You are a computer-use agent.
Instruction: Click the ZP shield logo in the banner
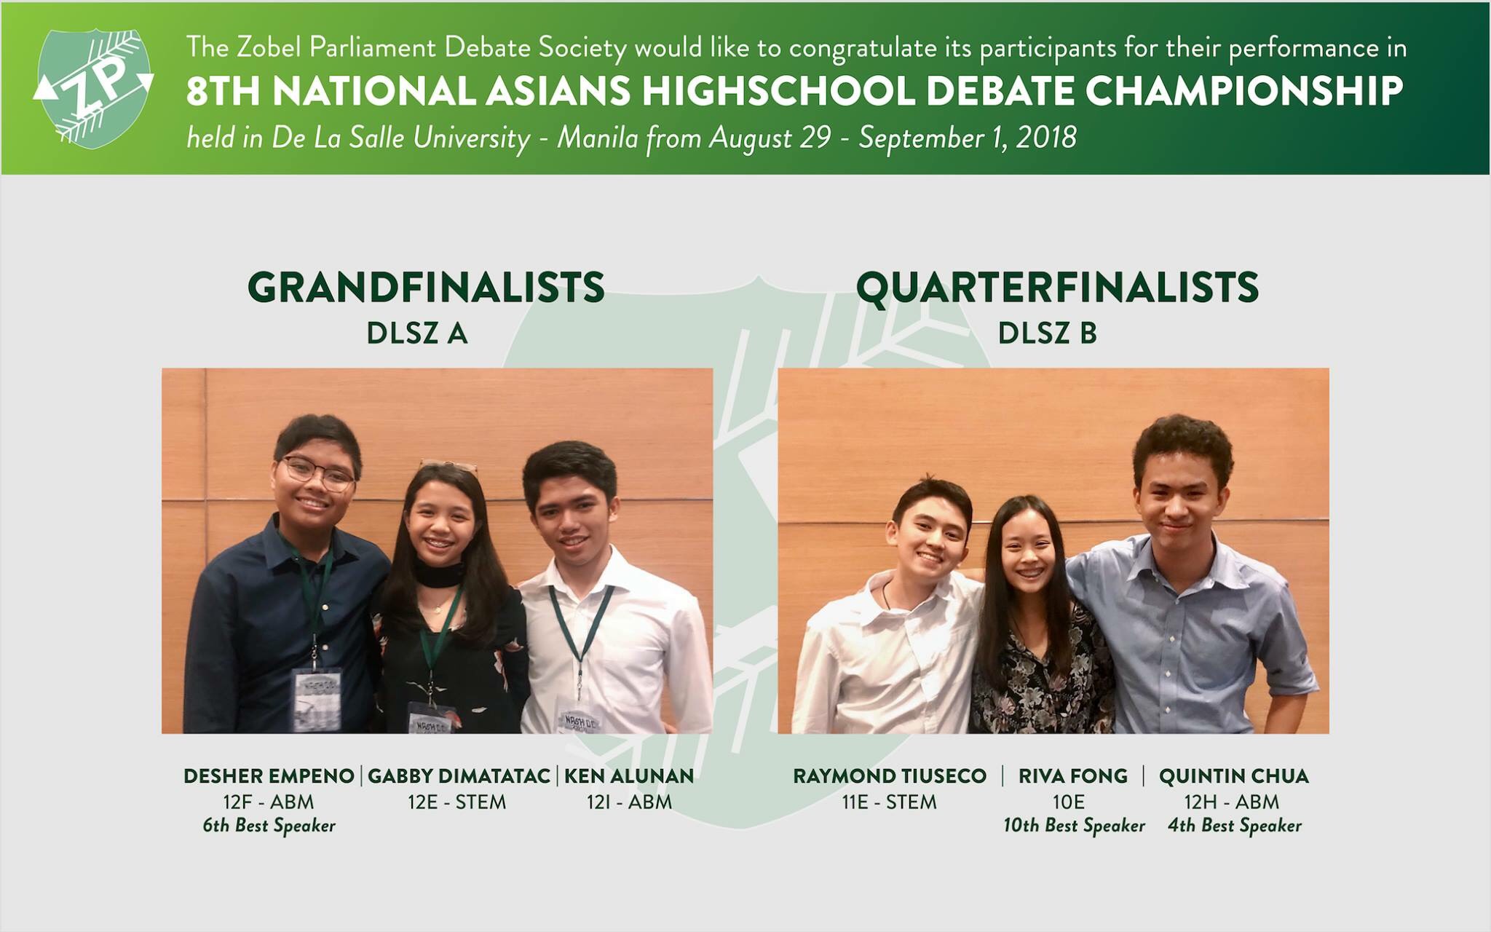click(93, 88)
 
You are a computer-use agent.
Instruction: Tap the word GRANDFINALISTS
click(426, 287)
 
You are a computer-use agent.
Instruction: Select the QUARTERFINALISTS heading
click(1057, 288)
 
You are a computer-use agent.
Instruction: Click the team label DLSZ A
click(417, 333)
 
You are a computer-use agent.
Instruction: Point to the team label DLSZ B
click(1047, 333)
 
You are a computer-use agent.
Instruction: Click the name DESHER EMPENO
click(269, 776)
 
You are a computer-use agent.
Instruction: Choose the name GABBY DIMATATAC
click(459, 776)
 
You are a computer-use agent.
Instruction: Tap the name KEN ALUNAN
click(629, 776)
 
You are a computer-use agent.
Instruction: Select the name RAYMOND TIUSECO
click(890, 776)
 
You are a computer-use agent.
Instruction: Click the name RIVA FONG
click(1073, 776)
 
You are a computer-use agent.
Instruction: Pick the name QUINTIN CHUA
click(1234, 776)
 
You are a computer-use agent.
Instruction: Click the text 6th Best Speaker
click(269, 826)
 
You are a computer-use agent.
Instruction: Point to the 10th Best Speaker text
click(1074, 826)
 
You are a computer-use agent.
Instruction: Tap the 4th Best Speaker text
click(1235, 826)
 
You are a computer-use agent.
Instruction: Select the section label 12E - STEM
click(456, 802)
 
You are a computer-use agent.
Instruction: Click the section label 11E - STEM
click(890, 802)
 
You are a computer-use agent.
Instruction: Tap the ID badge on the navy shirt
click(317, 700)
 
